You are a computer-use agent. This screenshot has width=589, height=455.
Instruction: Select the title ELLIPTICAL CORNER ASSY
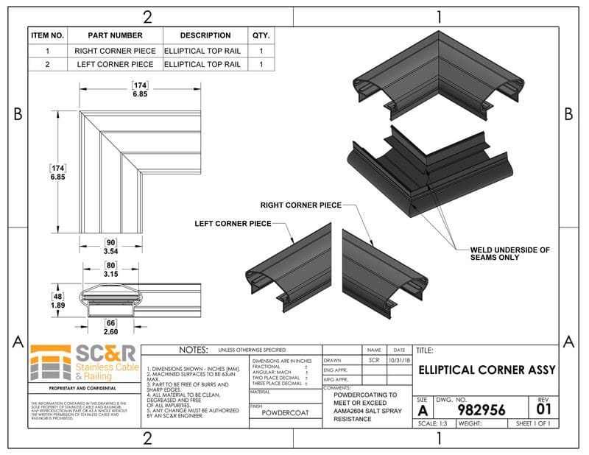tap(487, 370)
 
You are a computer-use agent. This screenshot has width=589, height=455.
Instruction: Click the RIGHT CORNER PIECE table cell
tap(115, 52)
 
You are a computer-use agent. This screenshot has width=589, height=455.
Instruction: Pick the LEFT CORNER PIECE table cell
tap(115, 65)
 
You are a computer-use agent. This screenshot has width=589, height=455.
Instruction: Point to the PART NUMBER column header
tap(115, 35)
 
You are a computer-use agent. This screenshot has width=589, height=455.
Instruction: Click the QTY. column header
tap(261, 35)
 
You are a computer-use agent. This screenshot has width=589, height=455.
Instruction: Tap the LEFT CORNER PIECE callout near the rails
tap(233, 223)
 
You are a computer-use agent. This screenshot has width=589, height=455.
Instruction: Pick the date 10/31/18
tap(399, 360)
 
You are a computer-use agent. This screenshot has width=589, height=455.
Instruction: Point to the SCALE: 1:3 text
tap(434, 424)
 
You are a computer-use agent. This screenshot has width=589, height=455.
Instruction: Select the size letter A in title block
tap(423, 410)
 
